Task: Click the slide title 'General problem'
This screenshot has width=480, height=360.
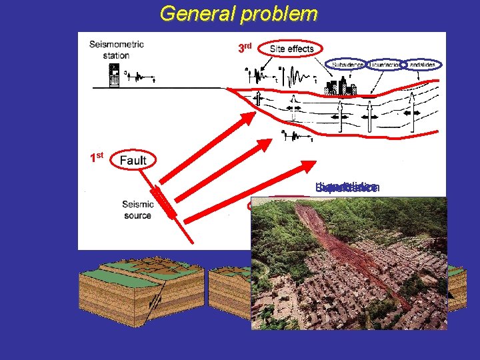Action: click(x=239, y=13)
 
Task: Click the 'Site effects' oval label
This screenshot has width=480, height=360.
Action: click(x=291, y=49)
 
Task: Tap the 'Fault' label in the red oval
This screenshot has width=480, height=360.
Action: click(x=133, y=160)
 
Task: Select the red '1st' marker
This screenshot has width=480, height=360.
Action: click(x=97, y=158)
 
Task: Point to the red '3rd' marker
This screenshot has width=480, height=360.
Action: click(x=245, y=48)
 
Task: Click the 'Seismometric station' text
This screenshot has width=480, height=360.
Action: click(x=116, y=49)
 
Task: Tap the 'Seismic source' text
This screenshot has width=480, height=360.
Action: click(x=137, y=209)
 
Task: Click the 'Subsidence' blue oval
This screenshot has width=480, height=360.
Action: click(x=346, y=64)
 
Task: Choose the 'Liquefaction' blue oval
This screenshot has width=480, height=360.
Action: click(x=385, y=64)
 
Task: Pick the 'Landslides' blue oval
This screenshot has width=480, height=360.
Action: click(x=421, y=64)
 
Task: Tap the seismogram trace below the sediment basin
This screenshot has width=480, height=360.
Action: click(x=297, y=137)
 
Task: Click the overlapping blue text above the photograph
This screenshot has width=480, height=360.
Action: click(x=347, y=188)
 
